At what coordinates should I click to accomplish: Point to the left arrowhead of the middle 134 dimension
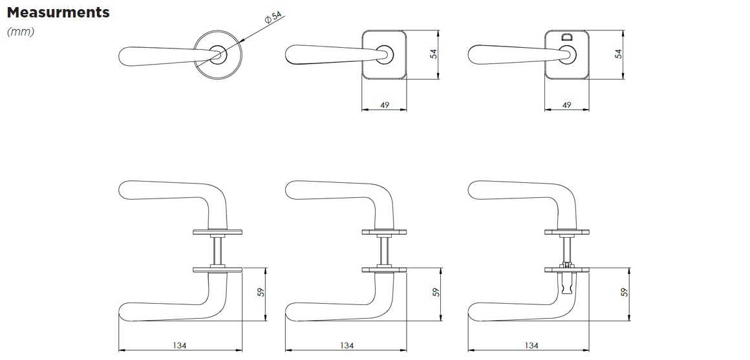pos(286,350)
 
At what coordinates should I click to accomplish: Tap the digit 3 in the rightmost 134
pos(531,345)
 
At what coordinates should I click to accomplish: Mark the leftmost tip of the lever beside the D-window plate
pos(468,54)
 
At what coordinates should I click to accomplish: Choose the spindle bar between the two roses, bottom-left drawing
pos(218,251)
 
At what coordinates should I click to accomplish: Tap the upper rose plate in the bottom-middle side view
pos(384,232)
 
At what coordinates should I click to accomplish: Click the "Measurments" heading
pos(58,12)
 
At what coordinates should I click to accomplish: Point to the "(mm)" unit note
pos(21,32)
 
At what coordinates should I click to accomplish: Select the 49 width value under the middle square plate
pos(384,105)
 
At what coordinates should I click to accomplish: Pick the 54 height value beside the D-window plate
pos(619,54)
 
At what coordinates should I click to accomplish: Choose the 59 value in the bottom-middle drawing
pos(436,292)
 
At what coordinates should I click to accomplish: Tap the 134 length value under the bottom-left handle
pos(179,345)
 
